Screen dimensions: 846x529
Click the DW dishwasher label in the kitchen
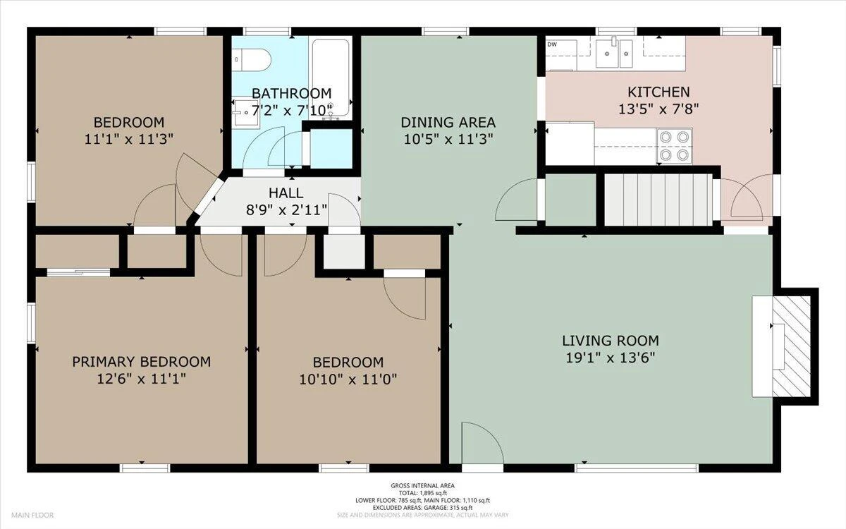coord(552,44)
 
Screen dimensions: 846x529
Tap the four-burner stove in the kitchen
coord(675,146)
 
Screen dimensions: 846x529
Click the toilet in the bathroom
coord(251,60)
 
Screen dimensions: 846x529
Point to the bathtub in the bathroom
coord(331,78)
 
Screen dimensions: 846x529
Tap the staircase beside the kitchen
coord(658,199)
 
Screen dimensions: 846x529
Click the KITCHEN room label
coord(658,92)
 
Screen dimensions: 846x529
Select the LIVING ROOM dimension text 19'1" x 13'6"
coord(611,358)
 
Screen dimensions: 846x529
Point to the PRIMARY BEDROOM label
coord(142,362)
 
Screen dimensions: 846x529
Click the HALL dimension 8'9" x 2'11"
coord(286,209)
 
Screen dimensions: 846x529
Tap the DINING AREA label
coord(448,123)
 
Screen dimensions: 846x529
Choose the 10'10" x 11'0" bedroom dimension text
coord(348,379)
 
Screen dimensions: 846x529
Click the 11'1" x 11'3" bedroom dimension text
coord(129,140)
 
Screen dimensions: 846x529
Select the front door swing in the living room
coord(483,443)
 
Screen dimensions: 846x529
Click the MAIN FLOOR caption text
coord(32,515)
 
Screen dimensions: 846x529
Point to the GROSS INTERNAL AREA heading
coord(422,485)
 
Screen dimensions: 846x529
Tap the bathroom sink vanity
coord(246,112)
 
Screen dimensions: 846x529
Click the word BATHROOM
coord(292,93)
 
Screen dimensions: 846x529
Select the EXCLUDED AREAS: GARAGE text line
coord(422,508)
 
